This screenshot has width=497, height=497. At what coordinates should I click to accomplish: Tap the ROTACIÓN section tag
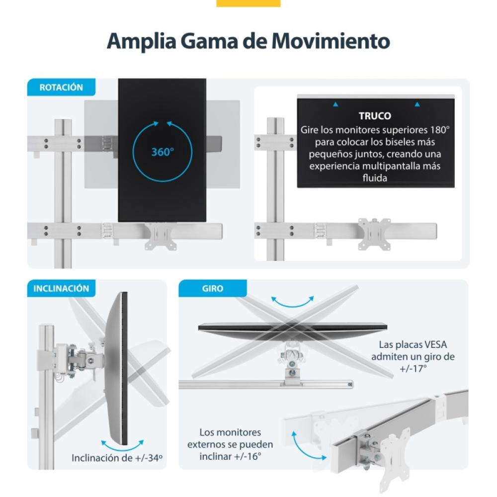coord(61,87)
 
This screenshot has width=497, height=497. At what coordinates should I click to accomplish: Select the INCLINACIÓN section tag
coord(61,288)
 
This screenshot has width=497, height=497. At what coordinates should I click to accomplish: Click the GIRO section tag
coord(213,288)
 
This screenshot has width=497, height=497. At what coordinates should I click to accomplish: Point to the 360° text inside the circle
coord(162,152)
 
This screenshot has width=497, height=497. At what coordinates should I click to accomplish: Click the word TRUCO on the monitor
coord(375,116)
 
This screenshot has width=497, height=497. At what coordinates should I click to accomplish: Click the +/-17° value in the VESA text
coord(413,368)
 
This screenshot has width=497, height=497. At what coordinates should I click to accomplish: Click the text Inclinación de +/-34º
coord(117,458)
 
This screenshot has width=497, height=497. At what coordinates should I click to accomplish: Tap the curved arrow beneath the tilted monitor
coord(122,444)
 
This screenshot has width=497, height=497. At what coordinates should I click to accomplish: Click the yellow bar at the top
coord(248,3)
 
